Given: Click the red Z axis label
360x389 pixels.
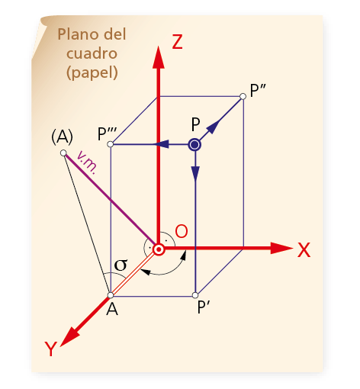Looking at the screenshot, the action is coord(177,42).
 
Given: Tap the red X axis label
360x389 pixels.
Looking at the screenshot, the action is coord(304,250).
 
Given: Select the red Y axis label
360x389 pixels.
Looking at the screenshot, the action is coord(51,349).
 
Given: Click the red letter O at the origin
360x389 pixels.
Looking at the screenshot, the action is coord(182,231).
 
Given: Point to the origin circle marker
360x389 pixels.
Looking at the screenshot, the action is coord(159,249).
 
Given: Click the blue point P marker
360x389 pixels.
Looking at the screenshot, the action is coord(194,145).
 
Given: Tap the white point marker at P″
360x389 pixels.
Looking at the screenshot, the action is coord(243,96).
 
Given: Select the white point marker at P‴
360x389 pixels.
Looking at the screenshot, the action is coord(110,144).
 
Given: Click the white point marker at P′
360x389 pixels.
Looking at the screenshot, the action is coord(195,295).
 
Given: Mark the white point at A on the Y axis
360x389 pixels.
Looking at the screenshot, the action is coord(111,295).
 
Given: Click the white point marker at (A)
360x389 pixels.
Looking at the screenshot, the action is coord(63,153).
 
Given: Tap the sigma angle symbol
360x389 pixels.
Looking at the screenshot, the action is coord(121,265).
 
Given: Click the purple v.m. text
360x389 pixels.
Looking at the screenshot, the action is coord(87,162).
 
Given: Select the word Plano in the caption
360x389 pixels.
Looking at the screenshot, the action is coord(78,34).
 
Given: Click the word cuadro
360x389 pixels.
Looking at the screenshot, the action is coord(92,53).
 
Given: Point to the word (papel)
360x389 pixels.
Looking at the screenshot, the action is coord(92,73).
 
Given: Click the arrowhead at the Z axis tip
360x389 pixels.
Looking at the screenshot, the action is coord(159,57).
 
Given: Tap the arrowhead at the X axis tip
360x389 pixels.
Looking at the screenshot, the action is coord(281,248).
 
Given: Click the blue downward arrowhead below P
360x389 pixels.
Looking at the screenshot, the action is coord(195,174).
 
